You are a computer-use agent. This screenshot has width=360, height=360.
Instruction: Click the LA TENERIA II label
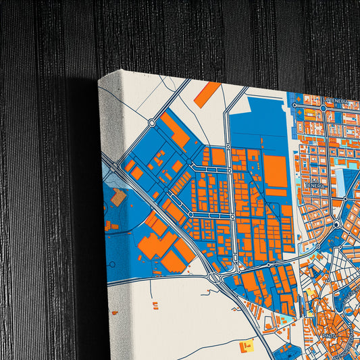[x=336, y=101]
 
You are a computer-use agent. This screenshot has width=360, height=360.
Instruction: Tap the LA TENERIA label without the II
[x=316, y=184]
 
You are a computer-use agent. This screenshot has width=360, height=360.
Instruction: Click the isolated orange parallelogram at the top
[x=207, y=94]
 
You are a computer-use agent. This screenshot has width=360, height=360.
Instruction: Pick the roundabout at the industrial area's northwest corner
[x=152, y=124]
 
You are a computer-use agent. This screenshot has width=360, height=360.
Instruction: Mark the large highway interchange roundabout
[x=215, y=276]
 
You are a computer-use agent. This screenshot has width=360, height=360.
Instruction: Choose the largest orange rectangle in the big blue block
[x=275, y=171]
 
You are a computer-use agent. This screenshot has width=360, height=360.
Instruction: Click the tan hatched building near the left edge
[x=118, y=197]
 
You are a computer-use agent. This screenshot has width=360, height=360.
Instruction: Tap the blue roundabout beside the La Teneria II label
[x=324, y=107]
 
